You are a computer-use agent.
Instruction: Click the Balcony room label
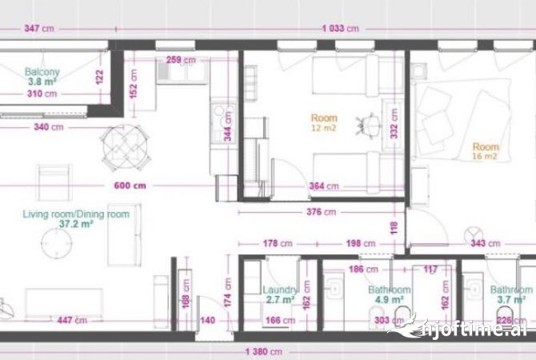42,72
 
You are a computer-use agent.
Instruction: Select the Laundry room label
280,290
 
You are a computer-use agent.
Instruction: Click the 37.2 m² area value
77,226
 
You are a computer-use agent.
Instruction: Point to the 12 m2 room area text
324,128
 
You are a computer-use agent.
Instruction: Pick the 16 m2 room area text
485,157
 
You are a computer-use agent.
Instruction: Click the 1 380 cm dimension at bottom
263,352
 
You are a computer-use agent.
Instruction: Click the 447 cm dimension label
70,321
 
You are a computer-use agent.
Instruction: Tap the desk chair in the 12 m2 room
370,123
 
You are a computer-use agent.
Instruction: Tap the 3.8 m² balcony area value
42,82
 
